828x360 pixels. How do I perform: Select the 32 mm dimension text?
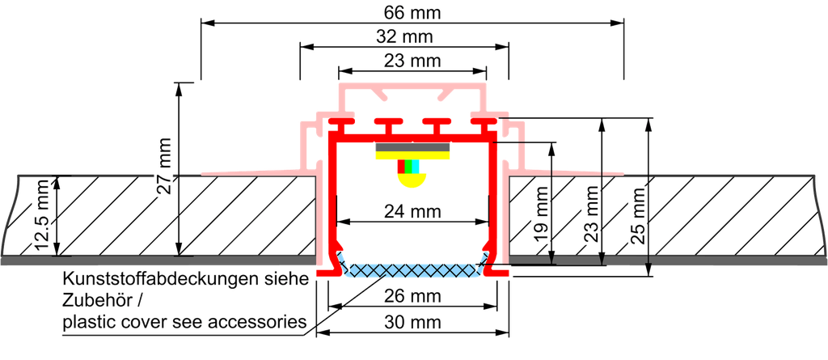(409, 37)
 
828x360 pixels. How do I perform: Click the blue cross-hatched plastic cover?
(412, 269)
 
